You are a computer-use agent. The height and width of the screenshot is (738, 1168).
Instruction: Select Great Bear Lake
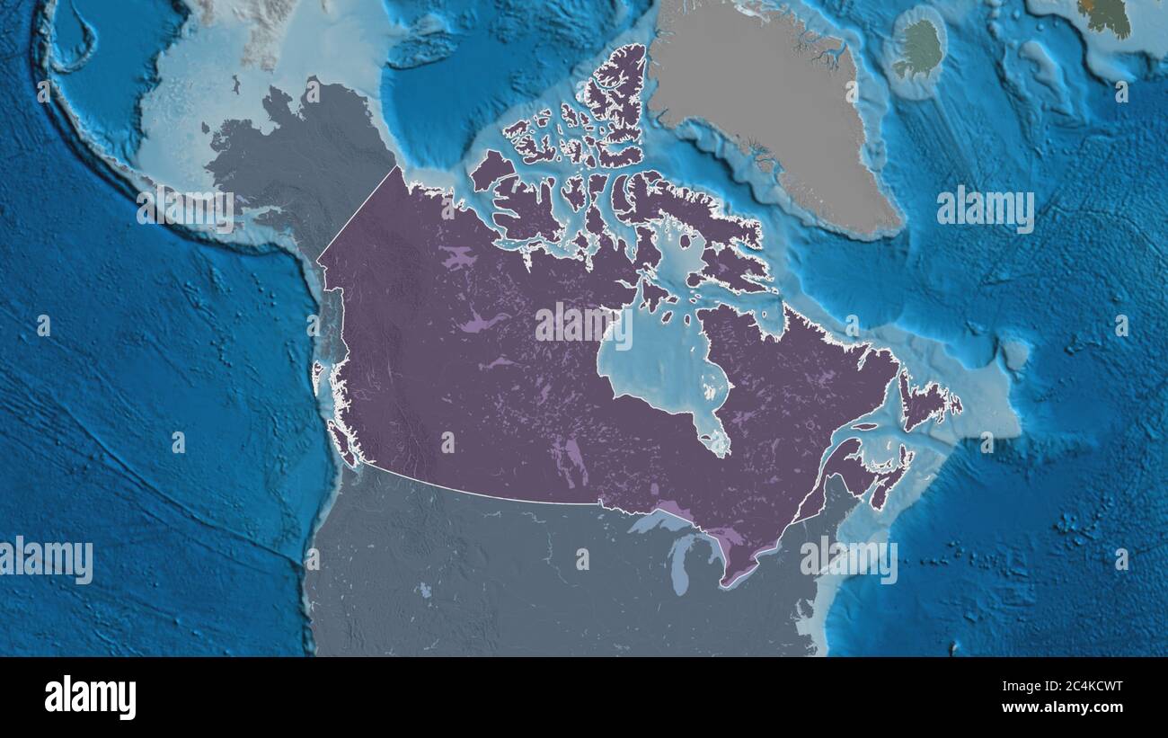click(x=458, y=260)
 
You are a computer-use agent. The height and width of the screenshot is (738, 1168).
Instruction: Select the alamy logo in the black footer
click(x=90, y=698)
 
